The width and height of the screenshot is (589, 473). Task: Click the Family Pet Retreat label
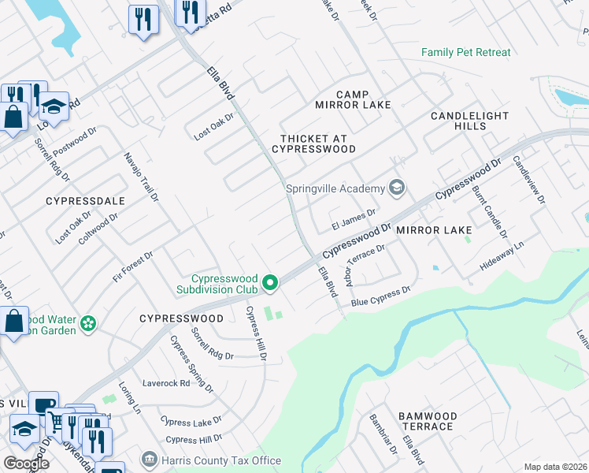click(465, 53)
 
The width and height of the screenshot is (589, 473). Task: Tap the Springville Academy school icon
click(398, 188)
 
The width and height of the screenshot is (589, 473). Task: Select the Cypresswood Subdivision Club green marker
click(270, 281)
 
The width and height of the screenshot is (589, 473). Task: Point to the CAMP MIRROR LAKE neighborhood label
click(342, 99)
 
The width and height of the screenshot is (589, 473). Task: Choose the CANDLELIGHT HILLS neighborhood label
click(469, 121)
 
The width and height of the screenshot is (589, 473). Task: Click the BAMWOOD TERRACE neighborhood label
click(427, 421)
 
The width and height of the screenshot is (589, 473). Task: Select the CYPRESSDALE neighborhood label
click(87, 201)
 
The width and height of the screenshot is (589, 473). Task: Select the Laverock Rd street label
click(166, 384)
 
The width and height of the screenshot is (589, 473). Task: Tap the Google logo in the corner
click(26, 463)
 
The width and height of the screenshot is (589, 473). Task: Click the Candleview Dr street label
click(528, 180)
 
